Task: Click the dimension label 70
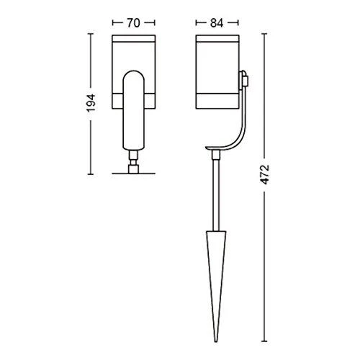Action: tap(133, 23)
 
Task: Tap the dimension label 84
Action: tap(217, 23)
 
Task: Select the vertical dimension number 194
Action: tap(91, 104)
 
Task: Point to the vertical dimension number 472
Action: tap(265, 174)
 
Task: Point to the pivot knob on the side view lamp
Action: tap(244, 78)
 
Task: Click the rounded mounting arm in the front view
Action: tap(134, 110)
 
